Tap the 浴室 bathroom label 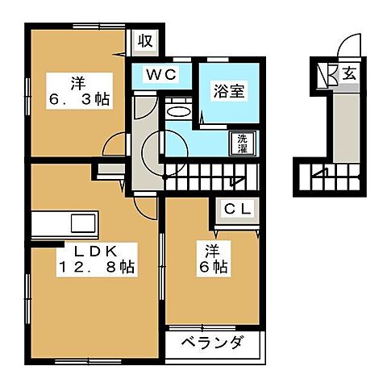click(228, 91)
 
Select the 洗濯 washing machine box click(242, 142)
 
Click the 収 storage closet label click(144, 40)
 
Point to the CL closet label click(239, 209)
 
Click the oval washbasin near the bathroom click(178, 113)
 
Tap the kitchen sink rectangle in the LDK click(83, 223)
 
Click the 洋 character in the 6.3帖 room click(77, 81)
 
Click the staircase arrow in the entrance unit click(320, 174)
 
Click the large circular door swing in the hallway click(156, 147)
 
